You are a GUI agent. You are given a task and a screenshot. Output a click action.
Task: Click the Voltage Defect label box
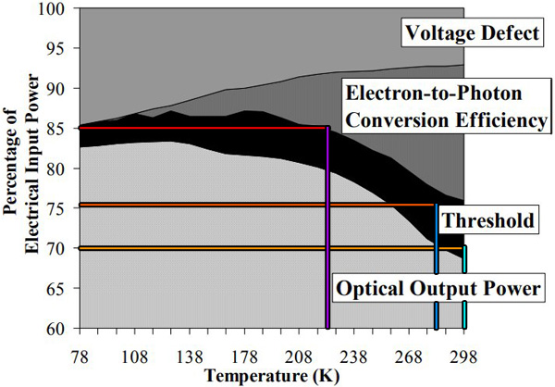click(472, 32)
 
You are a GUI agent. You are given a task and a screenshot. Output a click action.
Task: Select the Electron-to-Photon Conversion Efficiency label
click(447, 106)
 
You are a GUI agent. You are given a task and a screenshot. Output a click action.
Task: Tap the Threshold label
click(488, 219)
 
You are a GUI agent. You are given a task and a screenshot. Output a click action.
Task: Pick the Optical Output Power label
click(438, 288)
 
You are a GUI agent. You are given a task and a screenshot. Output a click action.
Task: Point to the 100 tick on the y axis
click(59, 7)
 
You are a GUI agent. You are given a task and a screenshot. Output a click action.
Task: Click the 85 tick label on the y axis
click(64, 129)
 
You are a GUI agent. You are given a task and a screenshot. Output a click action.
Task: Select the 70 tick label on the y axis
click(64, 248)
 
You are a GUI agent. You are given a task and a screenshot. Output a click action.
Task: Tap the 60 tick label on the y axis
click(64, 329)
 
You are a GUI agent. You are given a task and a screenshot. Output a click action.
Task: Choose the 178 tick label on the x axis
click(244, 356)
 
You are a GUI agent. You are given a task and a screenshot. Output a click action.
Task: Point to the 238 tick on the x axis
click(354, 356)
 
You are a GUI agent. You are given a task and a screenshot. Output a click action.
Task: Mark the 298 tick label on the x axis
click(463, 356)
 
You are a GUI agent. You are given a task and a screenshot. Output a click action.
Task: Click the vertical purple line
click(327, 228)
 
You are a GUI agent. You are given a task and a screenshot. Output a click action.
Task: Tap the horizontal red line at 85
click(203, 128)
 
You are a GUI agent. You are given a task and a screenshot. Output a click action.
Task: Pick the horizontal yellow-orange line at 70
click(272, 248)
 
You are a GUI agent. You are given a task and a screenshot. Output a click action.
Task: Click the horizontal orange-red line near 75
click(258, 205)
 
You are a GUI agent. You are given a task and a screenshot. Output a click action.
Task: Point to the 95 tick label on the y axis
click(64, 48)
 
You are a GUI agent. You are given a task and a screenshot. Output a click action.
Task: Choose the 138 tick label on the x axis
click(190, 356)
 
